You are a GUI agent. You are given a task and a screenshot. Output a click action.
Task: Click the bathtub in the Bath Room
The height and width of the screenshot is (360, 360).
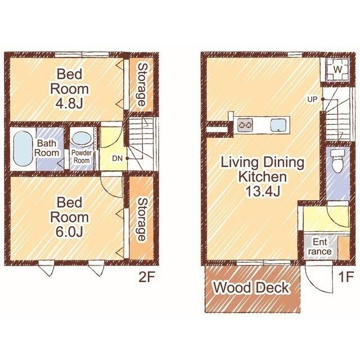pyautogui.click(x=22, y=148)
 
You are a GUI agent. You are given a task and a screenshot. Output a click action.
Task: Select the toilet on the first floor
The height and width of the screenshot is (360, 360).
pyautogui.click(x=337, y=161)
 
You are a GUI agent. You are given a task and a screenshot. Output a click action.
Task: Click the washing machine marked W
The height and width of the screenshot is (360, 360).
pyautogui.click(x=337, y=69)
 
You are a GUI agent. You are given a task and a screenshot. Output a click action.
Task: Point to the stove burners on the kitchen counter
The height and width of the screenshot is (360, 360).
pyautogui.click(x=245, y=125)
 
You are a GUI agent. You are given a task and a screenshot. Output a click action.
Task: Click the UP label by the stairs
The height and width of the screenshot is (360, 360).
pyautogui.click(x=312, y=100)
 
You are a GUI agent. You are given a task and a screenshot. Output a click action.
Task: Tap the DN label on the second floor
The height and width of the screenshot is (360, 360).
pyautogui.click(x=118, y=158)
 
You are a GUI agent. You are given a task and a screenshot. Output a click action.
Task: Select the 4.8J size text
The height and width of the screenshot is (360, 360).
pyautogui.click(x=69, y=103)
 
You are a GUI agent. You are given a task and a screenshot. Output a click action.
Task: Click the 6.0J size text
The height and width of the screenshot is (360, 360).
pyautogui.click(x=69, y=232)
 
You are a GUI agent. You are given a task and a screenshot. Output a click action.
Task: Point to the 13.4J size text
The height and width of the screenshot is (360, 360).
pyautogui.click(x=263, y=191)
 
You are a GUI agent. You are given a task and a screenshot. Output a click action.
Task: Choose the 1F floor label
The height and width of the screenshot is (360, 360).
pyautogui.click(x=346, y=277)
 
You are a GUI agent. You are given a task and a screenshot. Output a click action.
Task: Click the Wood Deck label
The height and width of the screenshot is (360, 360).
pyautogui.click(x=251, y=287)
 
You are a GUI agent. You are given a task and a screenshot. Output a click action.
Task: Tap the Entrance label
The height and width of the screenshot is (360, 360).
pyautogui.click(x=320, y=246)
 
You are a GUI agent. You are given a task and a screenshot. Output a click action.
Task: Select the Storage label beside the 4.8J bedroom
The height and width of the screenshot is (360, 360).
pyautogui.click(x=142, y=84)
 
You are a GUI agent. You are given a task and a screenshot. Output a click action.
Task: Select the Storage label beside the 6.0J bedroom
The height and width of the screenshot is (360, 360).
pyautogui.click(x=142, y=219)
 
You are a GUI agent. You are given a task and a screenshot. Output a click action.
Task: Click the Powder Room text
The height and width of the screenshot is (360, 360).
pyautogui.click(x=82, y=156)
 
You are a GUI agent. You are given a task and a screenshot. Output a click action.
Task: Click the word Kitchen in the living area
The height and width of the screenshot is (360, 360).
pyautogui.click(x=263, y=177)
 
